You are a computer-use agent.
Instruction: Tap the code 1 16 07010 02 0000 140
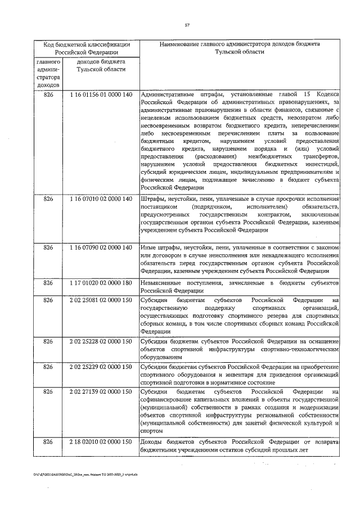point(101,199)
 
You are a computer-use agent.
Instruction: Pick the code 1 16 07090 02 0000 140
point(101,247)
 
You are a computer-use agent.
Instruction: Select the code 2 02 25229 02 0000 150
point(101,367)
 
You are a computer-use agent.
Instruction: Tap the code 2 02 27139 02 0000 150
point(101,391)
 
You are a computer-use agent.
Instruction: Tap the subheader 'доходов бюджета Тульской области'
point(101,65)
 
